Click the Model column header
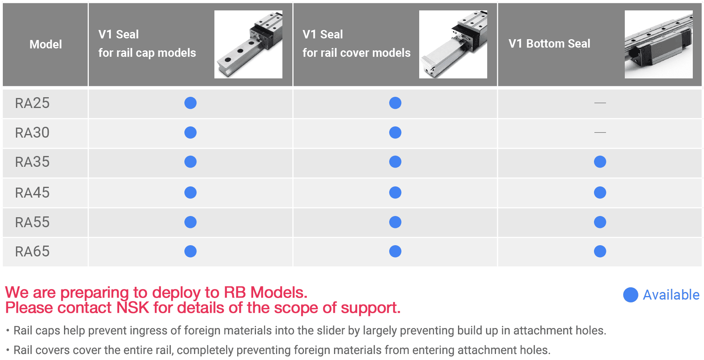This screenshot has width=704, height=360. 46,44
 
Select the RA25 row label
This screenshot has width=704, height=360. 32,103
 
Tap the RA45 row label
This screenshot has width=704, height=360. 32,193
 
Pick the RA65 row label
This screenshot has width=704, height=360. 32,252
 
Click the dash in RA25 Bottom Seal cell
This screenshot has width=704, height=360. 600,103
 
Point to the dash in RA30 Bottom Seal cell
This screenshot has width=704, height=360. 600,132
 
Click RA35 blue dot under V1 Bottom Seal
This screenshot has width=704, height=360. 600,162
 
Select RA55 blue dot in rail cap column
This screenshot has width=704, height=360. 190,222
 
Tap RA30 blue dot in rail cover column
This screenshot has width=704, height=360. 395,132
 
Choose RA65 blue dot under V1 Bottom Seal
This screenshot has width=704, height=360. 600,252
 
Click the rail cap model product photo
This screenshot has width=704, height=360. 248,44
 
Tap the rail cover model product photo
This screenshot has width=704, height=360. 453,44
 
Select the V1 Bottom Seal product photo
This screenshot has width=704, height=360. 658,44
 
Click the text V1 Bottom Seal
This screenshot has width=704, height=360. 549,44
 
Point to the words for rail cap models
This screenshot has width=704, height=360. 147,53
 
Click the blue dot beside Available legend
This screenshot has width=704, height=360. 631,295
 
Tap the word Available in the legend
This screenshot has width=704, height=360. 671,295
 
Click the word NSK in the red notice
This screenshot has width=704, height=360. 132,308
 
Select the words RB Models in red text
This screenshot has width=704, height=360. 265,292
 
